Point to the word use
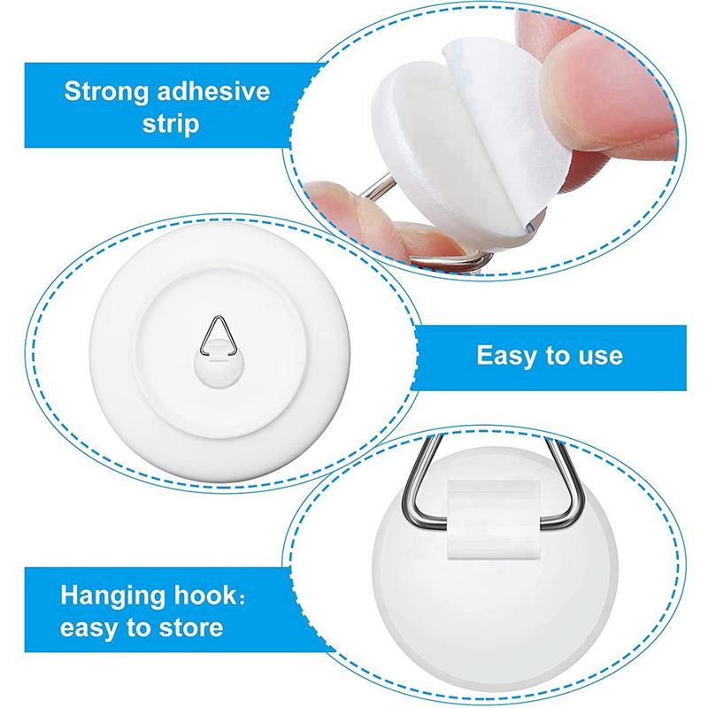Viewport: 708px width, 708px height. [x=599, y=357]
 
